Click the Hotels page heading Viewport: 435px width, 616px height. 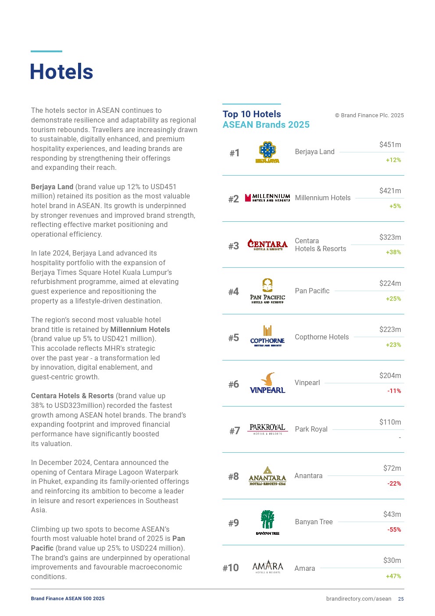[61, 72]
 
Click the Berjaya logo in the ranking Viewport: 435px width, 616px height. [267, 152]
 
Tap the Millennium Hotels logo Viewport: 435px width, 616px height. [267, 198]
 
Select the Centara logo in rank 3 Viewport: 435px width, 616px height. [267, 245]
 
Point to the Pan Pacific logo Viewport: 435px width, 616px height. [267, 291]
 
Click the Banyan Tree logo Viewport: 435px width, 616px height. [267, 522]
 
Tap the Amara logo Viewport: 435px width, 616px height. [267, 567]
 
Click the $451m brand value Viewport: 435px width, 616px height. [390, 145]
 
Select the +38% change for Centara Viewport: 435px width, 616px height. [393, 252]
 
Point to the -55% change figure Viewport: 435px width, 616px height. [394, 530]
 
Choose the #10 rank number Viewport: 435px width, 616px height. [231, 568]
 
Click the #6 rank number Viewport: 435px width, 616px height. [234, 385]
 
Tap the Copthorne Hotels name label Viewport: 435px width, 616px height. [321, 337]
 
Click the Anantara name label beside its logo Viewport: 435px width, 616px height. [308, 476]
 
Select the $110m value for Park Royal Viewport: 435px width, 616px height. [390, 422]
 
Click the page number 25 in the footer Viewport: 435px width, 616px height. [401, 599]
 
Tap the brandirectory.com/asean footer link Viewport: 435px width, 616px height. [358, 599]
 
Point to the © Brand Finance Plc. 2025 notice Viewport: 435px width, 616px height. [369, 115]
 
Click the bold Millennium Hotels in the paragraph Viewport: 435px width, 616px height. [140, 330]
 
